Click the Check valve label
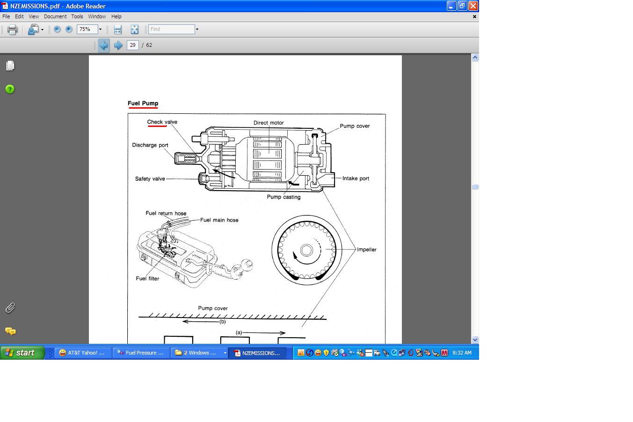pyautogui.click(x=162, y=122)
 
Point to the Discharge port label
pyautogui.click(x=150, y=145)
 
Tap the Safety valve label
pyautogui.click(x=150, y=179)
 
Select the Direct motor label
pyautogui.click(x=269, y=123)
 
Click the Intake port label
pyautogui.click(x=356, y=178)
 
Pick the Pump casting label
pyautogui.click(x=284, y=197)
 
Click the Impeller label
pyautogui.click(x=366, y=250)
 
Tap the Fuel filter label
pyautogui.click(x=147, y=279)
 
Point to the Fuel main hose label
pyautogui.click(x=219, y=220)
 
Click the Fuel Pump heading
pyautogui.click(x=143, y=103)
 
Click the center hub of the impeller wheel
pyautogui.click(x=306, y=250)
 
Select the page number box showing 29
pyautogui.click(x=132, y=45)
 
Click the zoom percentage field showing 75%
pyautogui.click(x=87, y=29)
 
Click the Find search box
pyautogui.click(x=172, y=29)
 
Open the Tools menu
pyautogui.click(x=77, y=16)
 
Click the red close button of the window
pyautogui.click(x=473, y=6)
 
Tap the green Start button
pyautogui.click(x=22, y=353)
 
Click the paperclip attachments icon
pyautogui.click(x=10, y=308)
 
